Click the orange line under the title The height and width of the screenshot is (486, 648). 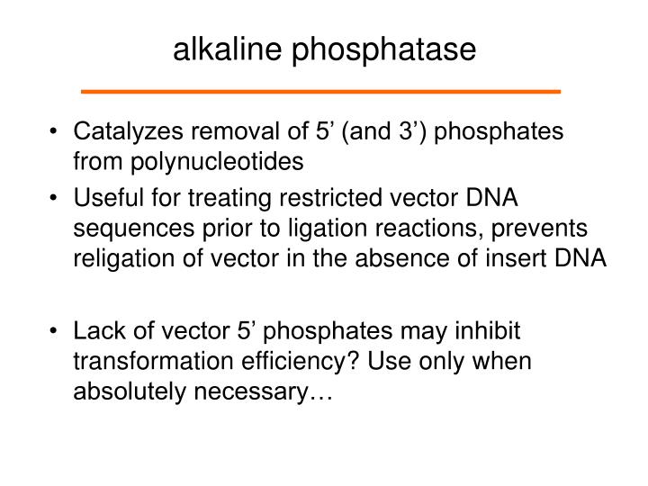tap(320, 92)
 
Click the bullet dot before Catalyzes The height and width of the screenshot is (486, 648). tap(57, 132)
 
